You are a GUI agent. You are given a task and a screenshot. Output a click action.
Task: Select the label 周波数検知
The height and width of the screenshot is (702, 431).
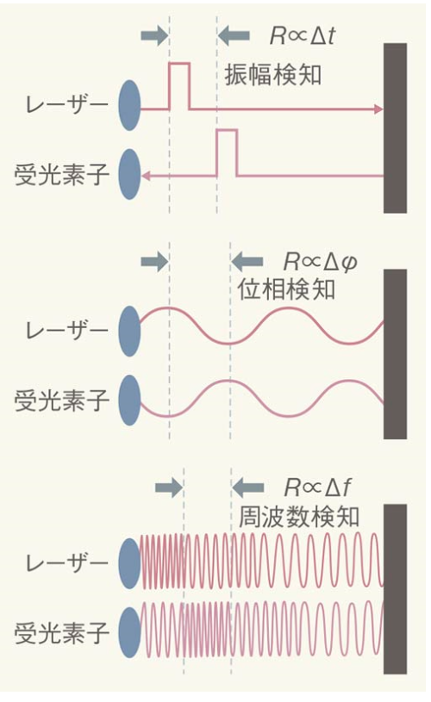point(298,516)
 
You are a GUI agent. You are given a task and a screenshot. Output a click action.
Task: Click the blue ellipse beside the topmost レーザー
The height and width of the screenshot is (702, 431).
point(129,107)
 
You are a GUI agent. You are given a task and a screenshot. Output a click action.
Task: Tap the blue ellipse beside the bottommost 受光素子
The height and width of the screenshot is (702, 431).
point(129,634)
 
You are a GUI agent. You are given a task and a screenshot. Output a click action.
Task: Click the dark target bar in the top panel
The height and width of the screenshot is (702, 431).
point(395,127)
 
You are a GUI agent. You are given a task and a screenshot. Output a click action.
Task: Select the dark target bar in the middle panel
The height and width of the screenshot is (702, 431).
point(395,354)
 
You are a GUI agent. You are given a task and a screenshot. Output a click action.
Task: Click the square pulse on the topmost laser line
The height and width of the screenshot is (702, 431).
point(179,86)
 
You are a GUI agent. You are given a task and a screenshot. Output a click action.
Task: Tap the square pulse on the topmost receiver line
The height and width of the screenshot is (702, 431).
point(226,152)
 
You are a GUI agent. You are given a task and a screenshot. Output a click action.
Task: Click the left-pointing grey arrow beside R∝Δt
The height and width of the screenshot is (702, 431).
point(234,35)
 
